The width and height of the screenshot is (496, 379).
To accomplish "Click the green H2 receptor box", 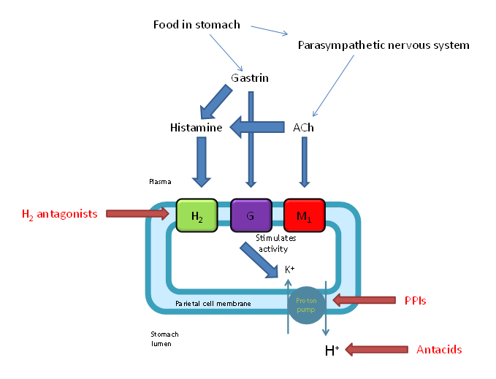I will (197, 215).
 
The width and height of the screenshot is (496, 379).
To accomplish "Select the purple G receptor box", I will (251, 215).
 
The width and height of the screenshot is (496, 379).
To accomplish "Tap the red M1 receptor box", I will (305, 215).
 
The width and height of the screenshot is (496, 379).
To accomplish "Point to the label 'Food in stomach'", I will (197, 25).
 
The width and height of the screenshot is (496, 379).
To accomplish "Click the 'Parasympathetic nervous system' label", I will (384, 45).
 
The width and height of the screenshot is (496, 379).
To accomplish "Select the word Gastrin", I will (251, 77).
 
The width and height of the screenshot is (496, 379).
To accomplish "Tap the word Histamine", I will (196, 128).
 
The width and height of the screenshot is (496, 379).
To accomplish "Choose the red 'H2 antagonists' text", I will (58, 214).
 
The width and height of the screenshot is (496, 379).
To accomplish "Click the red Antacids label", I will (439, 350).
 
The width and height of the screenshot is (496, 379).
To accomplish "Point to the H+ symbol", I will (332, 351).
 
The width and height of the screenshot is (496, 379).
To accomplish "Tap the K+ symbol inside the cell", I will (289, 269).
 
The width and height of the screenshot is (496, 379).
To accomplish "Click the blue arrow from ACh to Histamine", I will (256, 127).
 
